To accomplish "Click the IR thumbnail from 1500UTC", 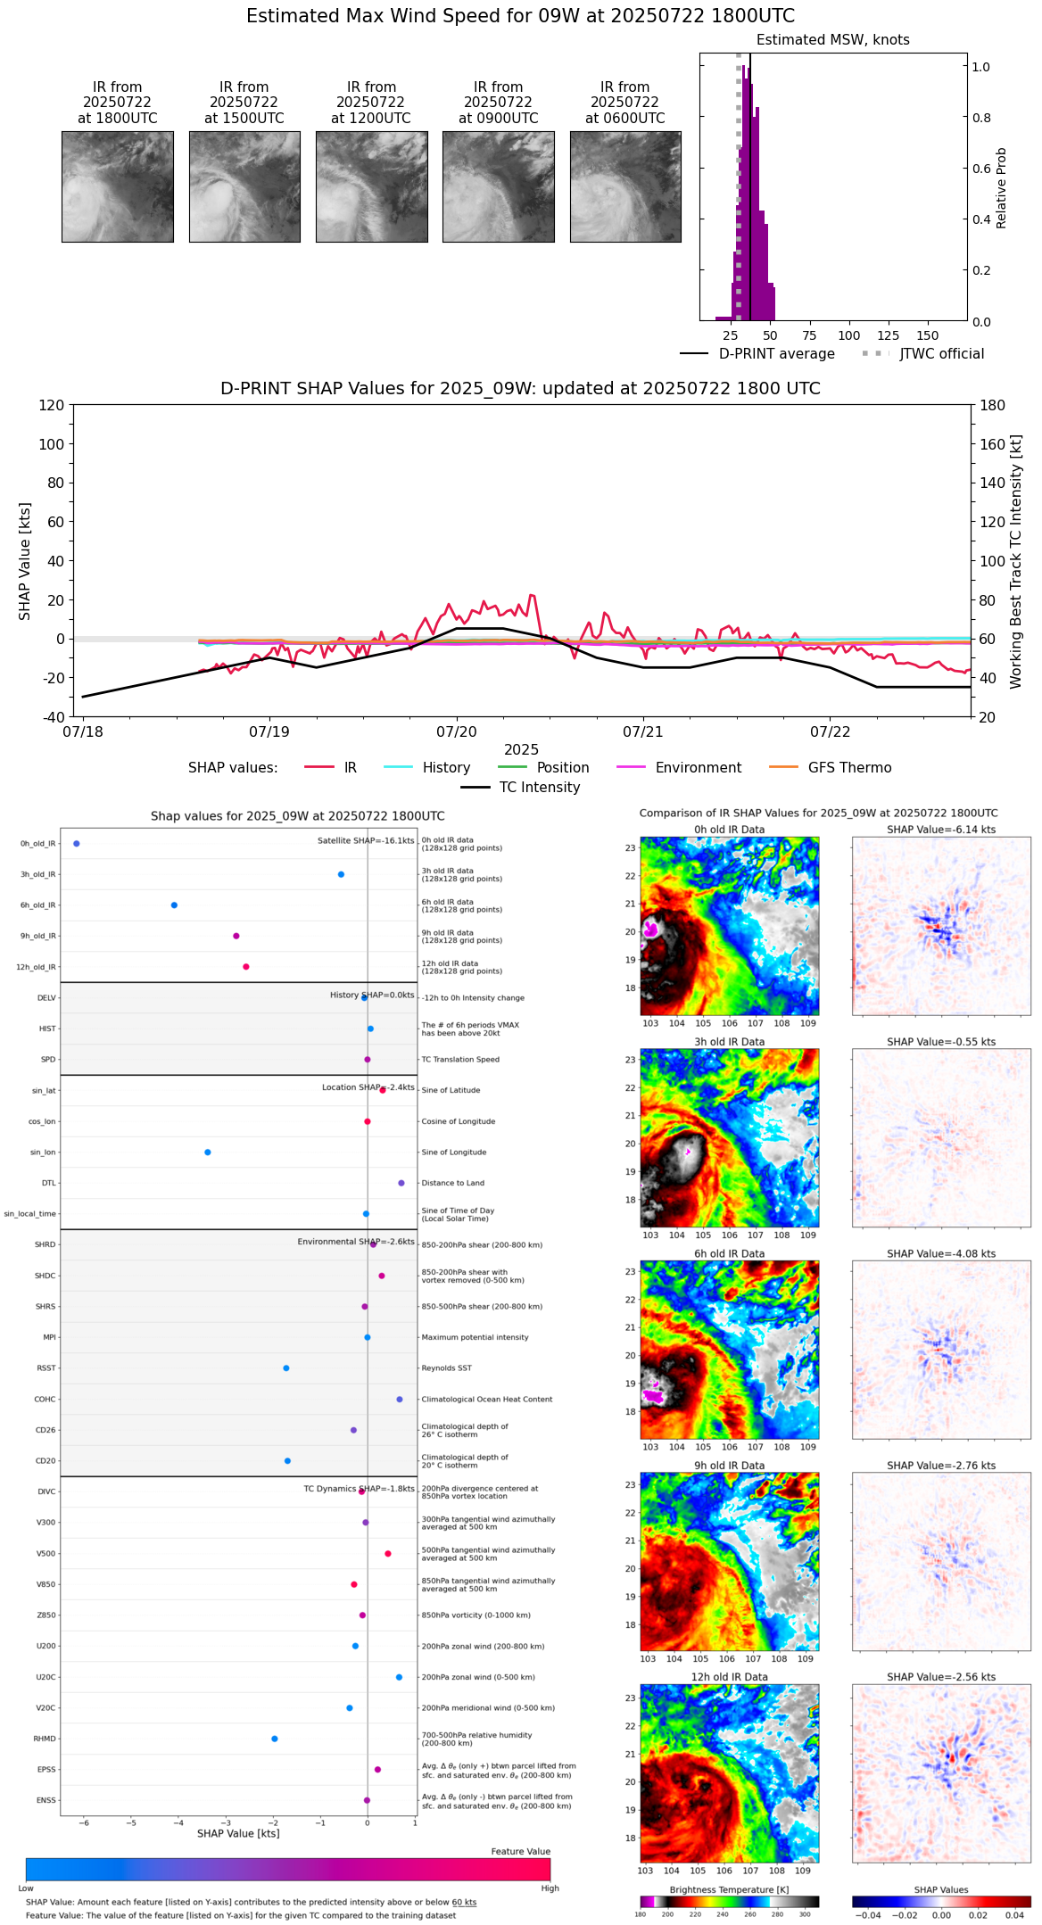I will click(x=244, y=186).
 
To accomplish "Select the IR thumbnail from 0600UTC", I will click(x=625, y=186).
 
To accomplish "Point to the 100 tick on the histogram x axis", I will click(x=848, y=335).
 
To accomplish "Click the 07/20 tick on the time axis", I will click(x=457, y=731).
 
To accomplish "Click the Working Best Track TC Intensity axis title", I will click(x=1016, y=562).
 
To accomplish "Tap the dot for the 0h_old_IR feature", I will click(x=77, y=844).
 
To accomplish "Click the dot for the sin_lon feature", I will click(x=208, y=1153).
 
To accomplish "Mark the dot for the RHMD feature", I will click(x=275, y=1739).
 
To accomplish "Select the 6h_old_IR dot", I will click(x=174, y=905).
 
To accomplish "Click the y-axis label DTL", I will click(x=48, y=1184).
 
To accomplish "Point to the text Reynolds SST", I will click(x=447, y=1368).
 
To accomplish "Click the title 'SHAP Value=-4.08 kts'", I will click(x=941, y=1254).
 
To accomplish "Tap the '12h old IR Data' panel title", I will click(x=729, y=1677).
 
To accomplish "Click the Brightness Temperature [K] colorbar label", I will click(x=729, y=1889).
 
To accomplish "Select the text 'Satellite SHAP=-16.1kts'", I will click(x=366, y=841).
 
